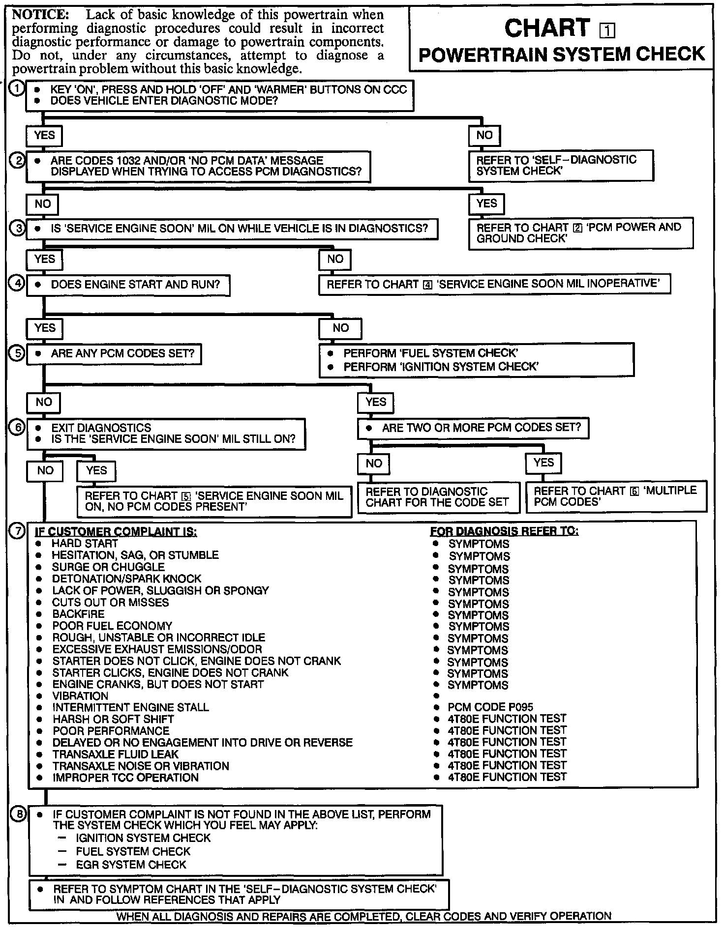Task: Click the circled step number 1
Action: click(17, 89)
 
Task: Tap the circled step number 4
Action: click(17, 284)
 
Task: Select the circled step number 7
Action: click(17, 531)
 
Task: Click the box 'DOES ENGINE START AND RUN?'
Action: click(128, 285)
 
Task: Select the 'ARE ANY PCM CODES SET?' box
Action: click(114, 353)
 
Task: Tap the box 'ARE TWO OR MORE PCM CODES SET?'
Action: click(473, 428)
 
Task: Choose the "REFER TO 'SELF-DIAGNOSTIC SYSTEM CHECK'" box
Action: click(561, 166)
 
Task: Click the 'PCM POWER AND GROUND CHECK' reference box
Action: click(580, 233)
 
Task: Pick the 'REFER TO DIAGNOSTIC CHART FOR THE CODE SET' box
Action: click(438, 497)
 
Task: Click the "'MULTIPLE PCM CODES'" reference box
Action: click(616, 496)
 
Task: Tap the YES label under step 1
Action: click(44, 135)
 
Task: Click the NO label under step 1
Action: click(484, 135)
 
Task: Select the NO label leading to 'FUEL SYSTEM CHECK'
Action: click(340, 328)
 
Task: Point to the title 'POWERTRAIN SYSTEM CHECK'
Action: click(562, 54)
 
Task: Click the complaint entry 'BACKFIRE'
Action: click(79, 614)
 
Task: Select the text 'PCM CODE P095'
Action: click(490, 707)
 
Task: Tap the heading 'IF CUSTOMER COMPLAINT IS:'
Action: click(116, 532)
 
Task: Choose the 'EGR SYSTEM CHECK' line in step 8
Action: click(131, 865)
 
